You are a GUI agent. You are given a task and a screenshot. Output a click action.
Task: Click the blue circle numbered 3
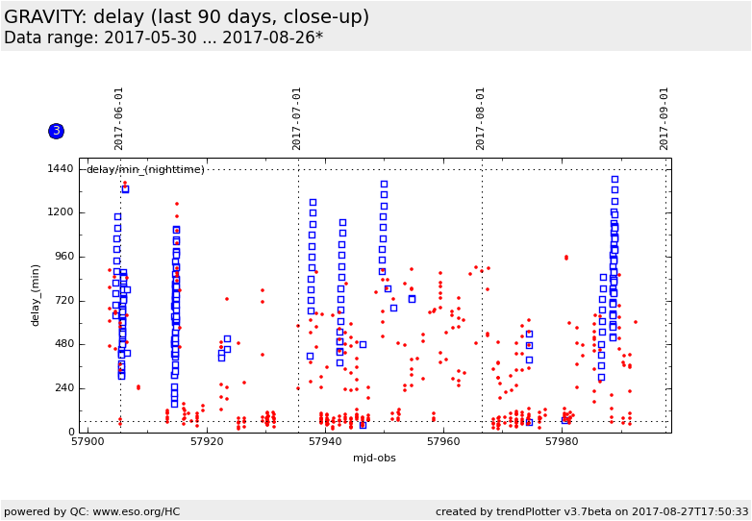tap(56, 131)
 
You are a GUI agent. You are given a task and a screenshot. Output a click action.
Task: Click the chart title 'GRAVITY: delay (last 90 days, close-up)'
tap(187, 16)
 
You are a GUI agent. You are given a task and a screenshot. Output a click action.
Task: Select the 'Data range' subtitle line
tap(163, 38)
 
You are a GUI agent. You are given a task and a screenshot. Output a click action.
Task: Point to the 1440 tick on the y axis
tap(60, 169)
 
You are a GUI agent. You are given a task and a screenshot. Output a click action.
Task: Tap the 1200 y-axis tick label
tap(60, 212)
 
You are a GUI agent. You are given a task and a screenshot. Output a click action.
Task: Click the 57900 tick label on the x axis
tap(88, 442)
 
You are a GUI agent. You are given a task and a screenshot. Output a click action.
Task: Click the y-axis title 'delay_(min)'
tap(36, 295)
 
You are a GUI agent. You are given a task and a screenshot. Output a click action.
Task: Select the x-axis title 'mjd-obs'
tap(374, 458)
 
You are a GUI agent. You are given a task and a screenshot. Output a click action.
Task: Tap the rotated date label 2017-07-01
tap(297, 117)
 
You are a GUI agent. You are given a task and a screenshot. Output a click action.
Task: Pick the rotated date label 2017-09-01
tap(664, 117)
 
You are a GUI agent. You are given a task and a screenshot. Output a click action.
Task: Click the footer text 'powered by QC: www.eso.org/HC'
tap(91, 511)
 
